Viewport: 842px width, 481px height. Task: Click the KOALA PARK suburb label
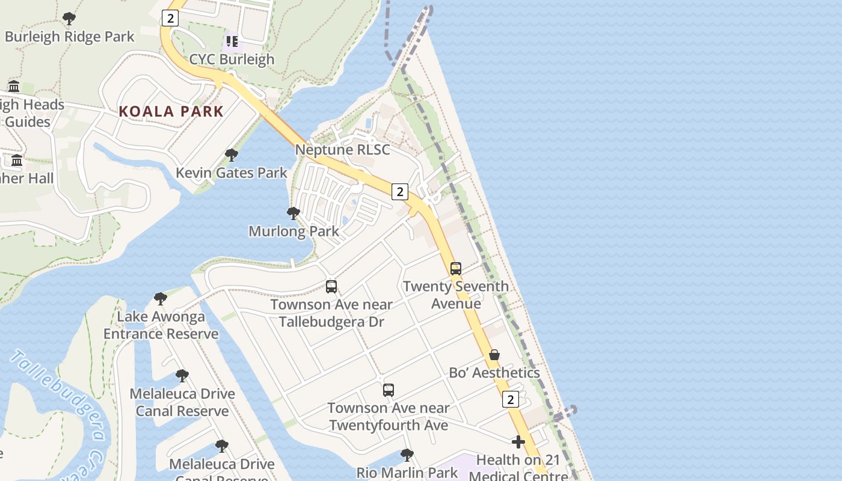171,111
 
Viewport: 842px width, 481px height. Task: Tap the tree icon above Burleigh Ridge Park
69,19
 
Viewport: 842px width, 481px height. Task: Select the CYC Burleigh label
232,59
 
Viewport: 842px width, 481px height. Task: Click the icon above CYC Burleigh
232,41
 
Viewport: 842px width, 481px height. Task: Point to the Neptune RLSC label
342,150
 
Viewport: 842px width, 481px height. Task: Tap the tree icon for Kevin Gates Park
231,155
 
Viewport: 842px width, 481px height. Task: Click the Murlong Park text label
293,231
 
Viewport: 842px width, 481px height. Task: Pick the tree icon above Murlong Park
293,213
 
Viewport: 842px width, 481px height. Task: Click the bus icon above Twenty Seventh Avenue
456,268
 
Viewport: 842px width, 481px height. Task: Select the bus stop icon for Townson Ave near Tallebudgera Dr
331,287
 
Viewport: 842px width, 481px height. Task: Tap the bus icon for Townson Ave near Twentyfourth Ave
389,390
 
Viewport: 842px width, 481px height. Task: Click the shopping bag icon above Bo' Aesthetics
494,355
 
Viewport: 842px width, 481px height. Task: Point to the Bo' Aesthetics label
494,373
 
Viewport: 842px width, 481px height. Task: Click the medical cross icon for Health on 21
518,443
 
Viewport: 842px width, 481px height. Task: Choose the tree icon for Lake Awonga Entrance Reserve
161,298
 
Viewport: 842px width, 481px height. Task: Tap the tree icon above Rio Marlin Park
407,455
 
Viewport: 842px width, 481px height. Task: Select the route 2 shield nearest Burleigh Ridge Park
170,19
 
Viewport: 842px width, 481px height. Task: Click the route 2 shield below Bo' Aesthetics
511,399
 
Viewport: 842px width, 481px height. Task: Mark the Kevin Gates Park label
231,173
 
